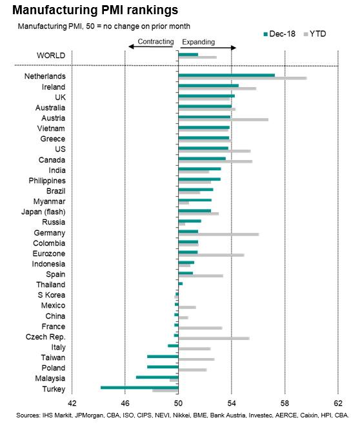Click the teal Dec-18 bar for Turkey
point(139,388)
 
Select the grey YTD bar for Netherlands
point(243,78)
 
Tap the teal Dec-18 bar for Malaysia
point(157,377)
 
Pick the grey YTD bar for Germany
point(219,234)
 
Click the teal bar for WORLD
point(188,54)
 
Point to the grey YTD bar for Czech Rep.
point(214,339)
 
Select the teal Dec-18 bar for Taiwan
point(163,357)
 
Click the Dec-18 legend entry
point(279,34)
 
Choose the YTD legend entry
point(315,34)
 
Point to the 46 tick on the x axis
point(125,403)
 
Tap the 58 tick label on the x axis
point(285,403)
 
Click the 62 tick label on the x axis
point(338,403)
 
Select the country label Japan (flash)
point(43,212)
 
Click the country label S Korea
point(52,295)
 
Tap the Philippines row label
point(47,181)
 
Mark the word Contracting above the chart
point(155,41)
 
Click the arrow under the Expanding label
point(208,48)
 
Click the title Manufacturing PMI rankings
point(95,10)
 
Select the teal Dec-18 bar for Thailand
point(180,284)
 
